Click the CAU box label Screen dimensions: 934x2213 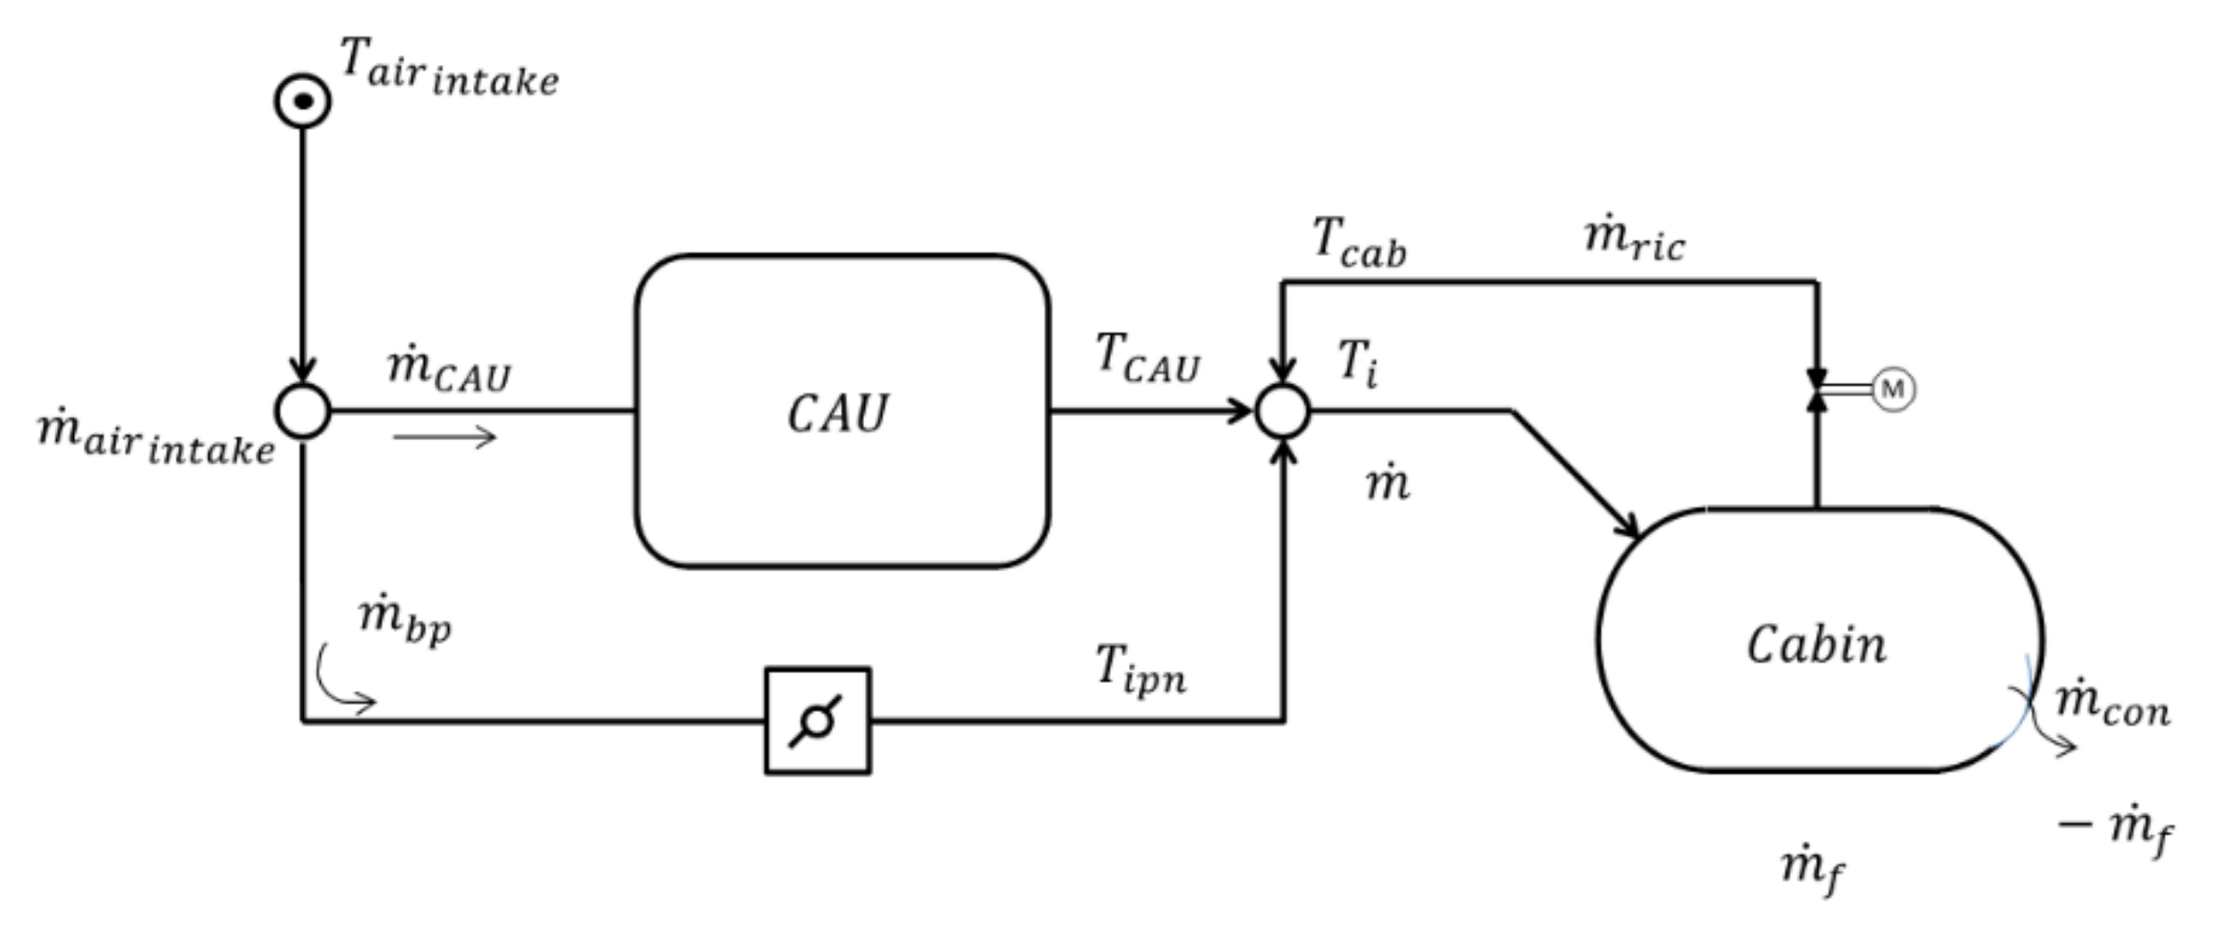click(x=837, y=414)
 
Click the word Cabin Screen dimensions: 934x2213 click(x=1816, y=644)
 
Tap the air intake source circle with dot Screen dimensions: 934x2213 click(x=303, y=101)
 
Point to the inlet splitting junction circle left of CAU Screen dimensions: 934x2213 click(x=303, y=411)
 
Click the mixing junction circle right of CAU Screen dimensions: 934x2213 click(x=1282, y=411)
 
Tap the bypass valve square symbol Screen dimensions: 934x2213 click(x=818, y=720)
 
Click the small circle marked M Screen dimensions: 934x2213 click(x=1893, y=389)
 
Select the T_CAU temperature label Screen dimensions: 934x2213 click(x=1147, y=358)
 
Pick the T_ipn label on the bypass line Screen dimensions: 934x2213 click(x=1140, y=669)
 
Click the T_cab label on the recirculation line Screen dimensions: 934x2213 click(x=1360, y=242)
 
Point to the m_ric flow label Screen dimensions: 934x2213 click(x=1634, y=241)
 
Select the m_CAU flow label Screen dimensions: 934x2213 click(x=449, y=369)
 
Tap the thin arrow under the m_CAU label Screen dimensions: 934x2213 click(x=444, y=437)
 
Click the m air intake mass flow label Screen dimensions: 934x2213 click(x=157, y=438)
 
